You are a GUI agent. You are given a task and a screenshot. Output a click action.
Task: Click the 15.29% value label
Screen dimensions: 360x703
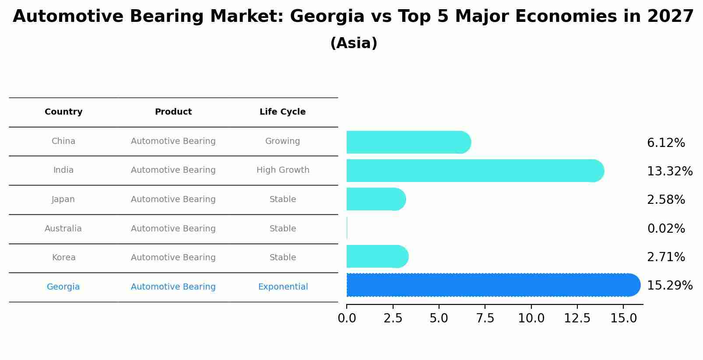coord(669,286)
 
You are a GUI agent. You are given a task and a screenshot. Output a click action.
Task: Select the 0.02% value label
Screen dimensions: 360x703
coord(666,228)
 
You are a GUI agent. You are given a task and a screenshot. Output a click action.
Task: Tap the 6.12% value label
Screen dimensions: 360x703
coord(666,143)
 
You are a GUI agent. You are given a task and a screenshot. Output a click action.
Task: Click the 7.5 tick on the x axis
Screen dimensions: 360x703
coord(485,318)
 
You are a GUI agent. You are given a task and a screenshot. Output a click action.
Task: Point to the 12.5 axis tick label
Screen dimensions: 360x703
coord(577,318)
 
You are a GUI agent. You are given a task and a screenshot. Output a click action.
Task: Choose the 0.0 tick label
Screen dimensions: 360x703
coord(347,318)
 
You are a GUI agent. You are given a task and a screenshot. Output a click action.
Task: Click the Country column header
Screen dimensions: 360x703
coord(63,112)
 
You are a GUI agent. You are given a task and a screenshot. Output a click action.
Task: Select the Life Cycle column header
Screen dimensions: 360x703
coord(282,112)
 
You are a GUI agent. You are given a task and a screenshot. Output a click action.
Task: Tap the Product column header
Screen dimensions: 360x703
coord(173,112)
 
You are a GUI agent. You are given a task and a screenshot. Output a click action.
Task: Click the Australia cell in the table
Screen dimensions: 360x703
coord(63,228)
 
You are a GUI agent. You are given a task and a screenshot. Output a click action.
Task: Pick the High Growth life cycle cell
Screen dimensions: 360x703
coord(283,170)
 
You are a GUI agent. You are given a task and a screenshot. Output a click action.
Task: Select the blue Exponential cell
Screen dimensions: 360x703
coord(283,287)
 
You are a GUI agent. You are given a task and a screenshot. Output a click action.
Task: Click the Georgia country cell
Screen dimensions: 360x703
coord(63,287)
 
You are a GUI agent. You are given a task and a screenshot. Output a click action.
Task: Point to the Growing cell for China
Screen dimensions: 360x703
coord(282,141)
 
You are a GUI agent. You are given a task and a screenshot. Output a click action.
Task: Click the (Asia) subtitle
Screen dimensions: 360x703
coord(354,43)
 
